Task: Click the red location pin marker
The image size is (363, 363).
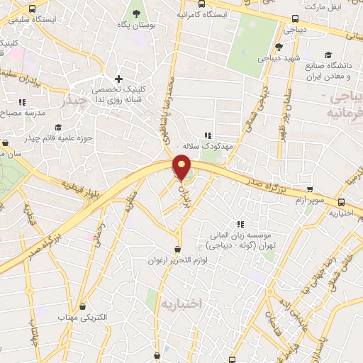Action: (182, 167)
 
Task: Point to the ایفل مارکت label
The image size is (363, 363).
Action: (344, 6)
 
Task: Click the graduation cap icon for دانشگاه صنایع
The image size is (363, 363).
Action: (328, 55)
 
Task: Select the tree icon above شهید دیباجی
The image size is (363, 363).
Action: (279, 46)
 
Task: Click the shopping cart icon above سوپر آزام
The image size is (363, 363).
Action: (310, 189)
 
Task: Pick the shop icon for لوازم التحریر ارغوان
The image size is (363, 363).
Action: (177, 249)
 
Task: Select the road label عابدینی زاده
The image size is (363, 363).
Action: (286, 299)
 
